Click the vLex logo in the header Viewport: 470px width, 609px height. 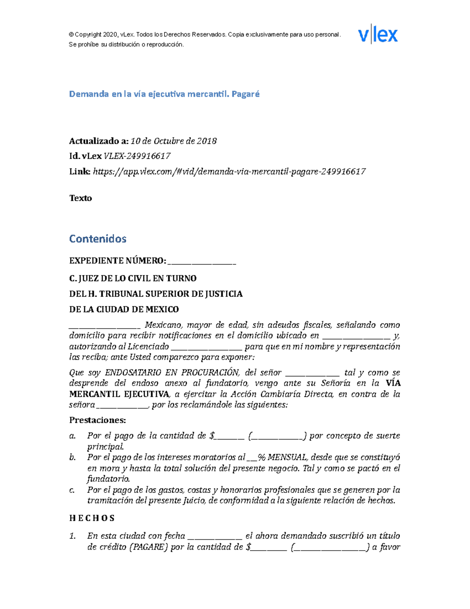pyautogui.click(x=378, y=35)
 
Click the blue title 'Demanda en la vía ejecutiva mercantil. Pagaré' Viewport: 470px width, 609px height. pyautogui.click(x=164, y=94)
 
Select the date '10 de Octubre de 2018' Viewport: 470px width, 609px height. pyautogui.click(x=174, y=141)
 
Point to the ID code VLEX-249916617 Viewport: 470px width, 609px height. pyautogui.click(x=137, y=156)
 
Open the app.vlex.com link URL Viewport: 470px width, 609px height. pyautogui.click(x=229, y=171)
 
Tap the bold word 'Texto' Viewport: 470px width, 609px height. pyautogui.click(x=80, y=198)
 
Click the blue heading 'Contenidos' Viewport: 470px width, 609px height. pyautogui.click(x=98, y=239)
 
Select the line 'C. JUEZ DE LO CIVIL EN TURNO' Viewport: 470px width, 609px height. pyautogui.click(x=133, y=278)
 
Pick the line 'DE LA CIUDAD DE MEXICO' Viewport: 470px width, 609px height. pyautogui.click(x=124, y=309)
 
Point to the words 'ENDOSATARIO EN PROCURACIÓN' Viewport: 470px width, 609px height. pyautogui.click(x=172, y=373)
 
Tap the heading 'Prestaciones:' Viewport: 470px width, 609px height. pyautogui.click(x=98, y=420)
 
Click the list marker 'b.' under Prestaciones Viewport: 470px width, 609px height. pyautogui.click(x=72, y=457)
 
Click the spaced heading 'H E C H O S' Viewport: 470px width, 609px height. pyautogui.click(x=92, y=518)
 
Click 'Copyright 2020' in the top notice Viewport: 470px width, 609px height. pyautogui.click(x=94, y=35)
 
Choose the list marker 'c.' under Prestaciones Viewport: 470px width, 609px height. pyautogui.click(x=72, y=490)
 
